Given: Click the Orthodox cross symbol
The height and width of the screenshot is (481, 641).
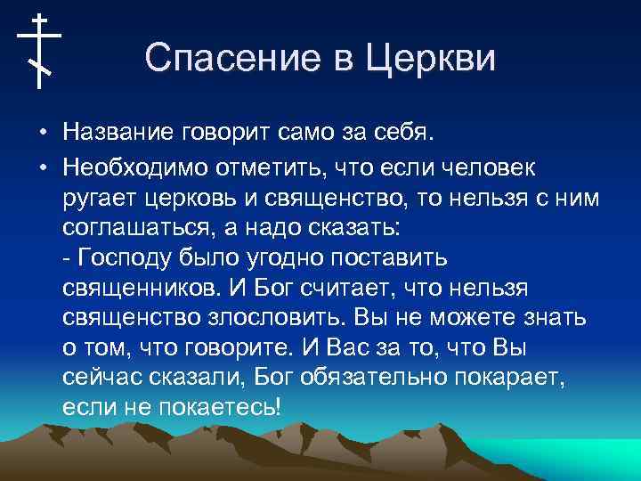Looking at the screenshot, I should click(x=39, y=50).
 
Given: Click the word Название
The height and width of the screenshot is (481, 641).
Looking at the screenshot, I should click(x=119, y=134).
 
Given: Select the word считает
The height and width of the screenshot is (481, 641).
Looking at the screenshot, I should click(x=345, y=289).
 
